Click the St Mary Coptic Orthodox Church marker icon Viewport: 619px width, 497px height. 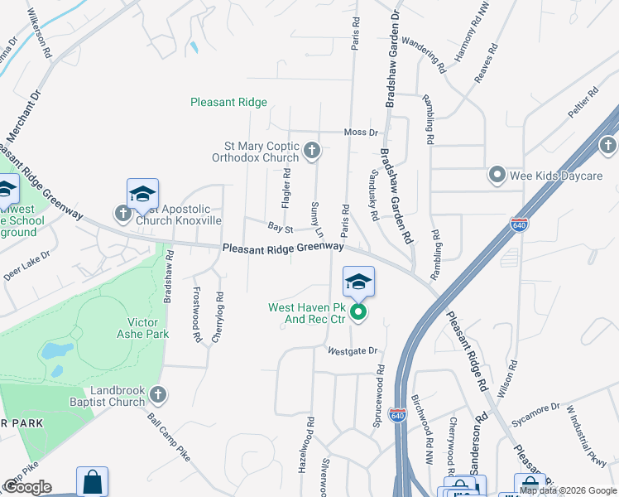click(x=312, y=150)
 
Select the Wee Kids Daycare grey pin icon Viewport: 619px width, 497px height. click(x=497, y=174)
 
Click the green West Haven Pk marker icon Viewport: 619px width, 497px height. click(x=358, y=312)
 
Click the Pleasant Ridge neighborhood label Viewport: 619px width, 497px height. click(x=228, y=103)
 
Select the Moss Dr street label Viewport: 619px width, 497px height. click(x=361, y=133)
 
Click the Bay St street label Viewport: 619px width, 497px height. click(x=281, y=226)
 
